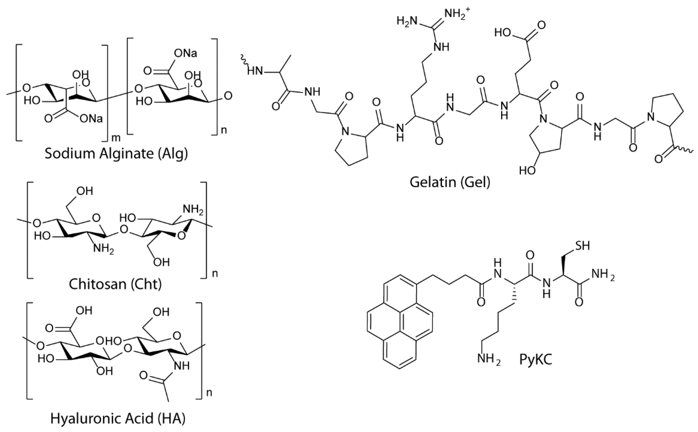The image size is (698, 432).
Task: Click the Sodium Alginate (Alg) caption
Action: coord(116,154)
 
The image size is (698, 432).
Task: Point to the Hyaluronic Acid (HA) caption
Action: coord(118,419)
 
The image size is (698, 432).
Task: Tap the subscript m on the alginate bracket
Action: coord(116,138)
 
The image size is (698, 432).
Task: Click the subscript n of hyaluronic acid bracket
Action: coord(209,393)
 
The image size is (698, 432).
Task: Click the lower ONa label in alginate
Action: coord(91,118)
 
